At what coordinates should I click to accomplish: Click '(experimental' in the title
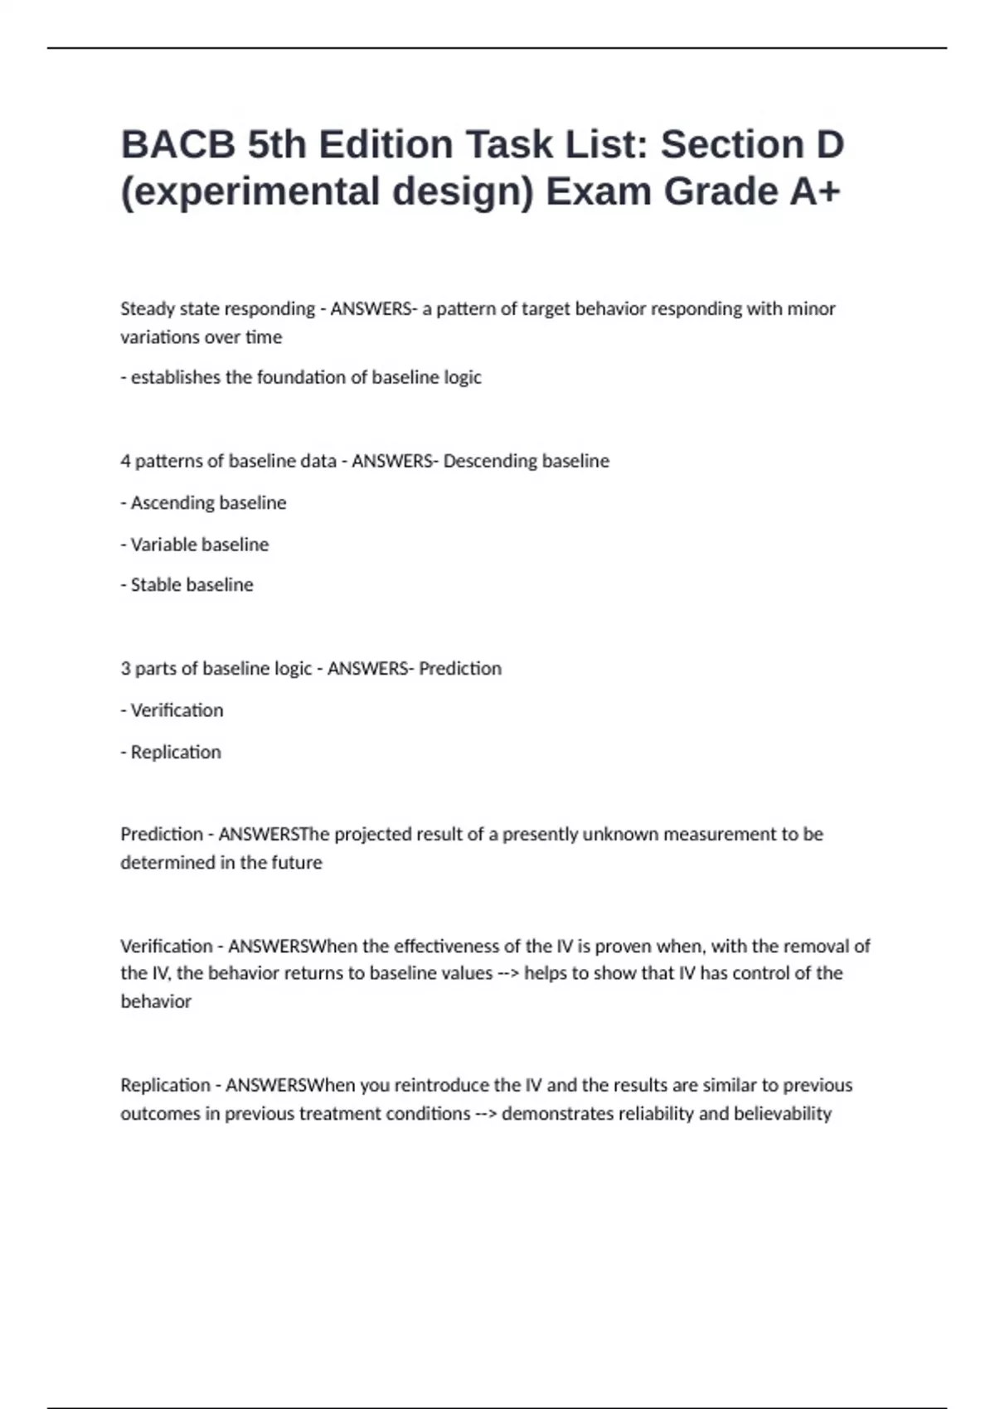point(250,191)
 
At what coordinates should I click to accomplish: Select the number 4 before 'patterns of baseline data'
point(125,461)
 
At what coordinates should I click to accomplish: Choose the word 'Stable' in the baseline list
point(156,584)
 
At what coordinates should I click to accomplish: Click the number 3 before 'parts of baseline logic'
point(125,668)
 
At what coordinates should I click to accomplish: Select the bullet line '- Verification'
point(172,710)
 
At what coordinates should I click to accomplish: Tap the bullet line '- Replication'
point(172,752)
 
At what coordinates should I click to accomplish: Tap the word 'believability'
point(783,1113)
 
